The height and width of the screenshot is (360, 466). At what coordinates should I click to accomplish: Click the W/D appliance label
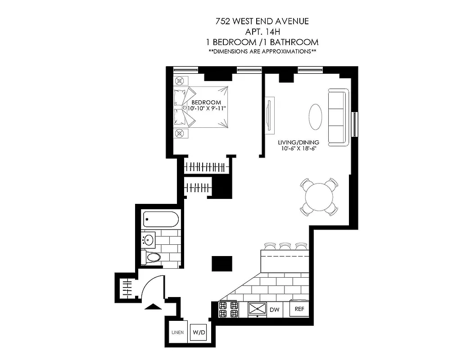(x=199, y=333)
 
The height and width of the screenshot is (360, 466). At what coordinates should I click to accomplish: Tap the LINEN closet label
(x=177, y=333)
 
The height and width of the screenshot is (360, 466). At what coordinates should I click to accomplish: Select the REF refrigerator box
(x=299, y=309)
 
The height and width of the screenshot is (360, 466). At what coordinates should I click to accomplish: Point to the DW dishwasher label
(x=274, y=310)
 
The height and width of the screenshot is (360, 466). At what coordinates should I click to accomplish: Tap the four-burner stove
(x=228, y=309)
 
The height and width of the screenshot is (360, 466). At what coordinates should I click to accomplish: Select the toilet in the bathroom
(x=152, y=258)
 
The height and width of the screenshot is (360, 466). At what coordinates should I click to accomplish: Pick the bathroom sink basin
(x=149, y=239)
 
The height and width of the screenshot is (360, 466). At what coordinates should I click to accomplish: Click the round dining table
(x=319, y=196)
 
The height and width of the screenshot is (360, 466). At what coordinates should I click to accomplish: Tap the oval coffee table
(x=315, y=116)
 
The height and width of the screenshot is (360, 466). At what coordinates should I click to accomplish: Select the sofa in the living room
(x=338, y=117)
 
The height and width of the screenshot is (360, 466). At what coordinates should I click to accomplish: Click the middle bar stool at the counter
(x=285, y=247)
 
